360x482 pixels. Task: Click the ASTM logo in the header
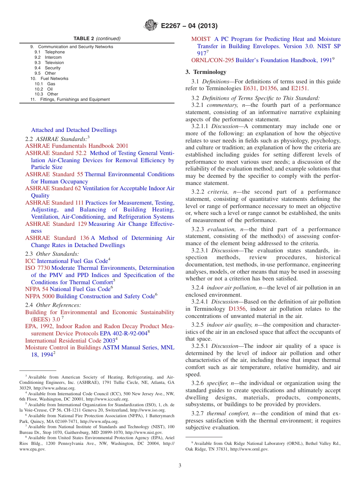pyautogui.click(x=151, y=26)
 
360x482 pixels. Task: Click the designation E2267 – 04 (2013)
pyautogui.click(x=189, y=26)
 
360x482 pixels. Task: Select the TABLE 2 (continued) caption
pyautogui.click(x=97, y=39)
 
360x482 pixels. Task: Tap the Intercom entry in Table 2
pyautogui.click(x=53, y=57)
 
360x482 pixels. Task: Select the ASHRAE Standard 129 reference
pyautogui.click(x=56, y=224)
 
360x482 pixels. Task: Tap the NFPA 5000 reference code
pyautogui.click(x=40, y=296)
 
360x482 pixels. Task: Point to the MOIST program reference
pyautogui.click(x=201, y=39)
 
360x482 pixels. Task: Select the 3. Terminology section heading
pyautogui.click(x=206, y=72)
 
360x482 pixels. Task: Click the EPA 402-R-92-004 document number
pyautogui.click(x=123, y=333)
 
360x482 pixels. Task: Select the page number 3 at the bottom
pyautogui.click(x=180, y=465)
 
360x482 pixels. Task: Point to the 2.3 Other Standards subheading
pyautogui.click(x=52, y=254)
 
